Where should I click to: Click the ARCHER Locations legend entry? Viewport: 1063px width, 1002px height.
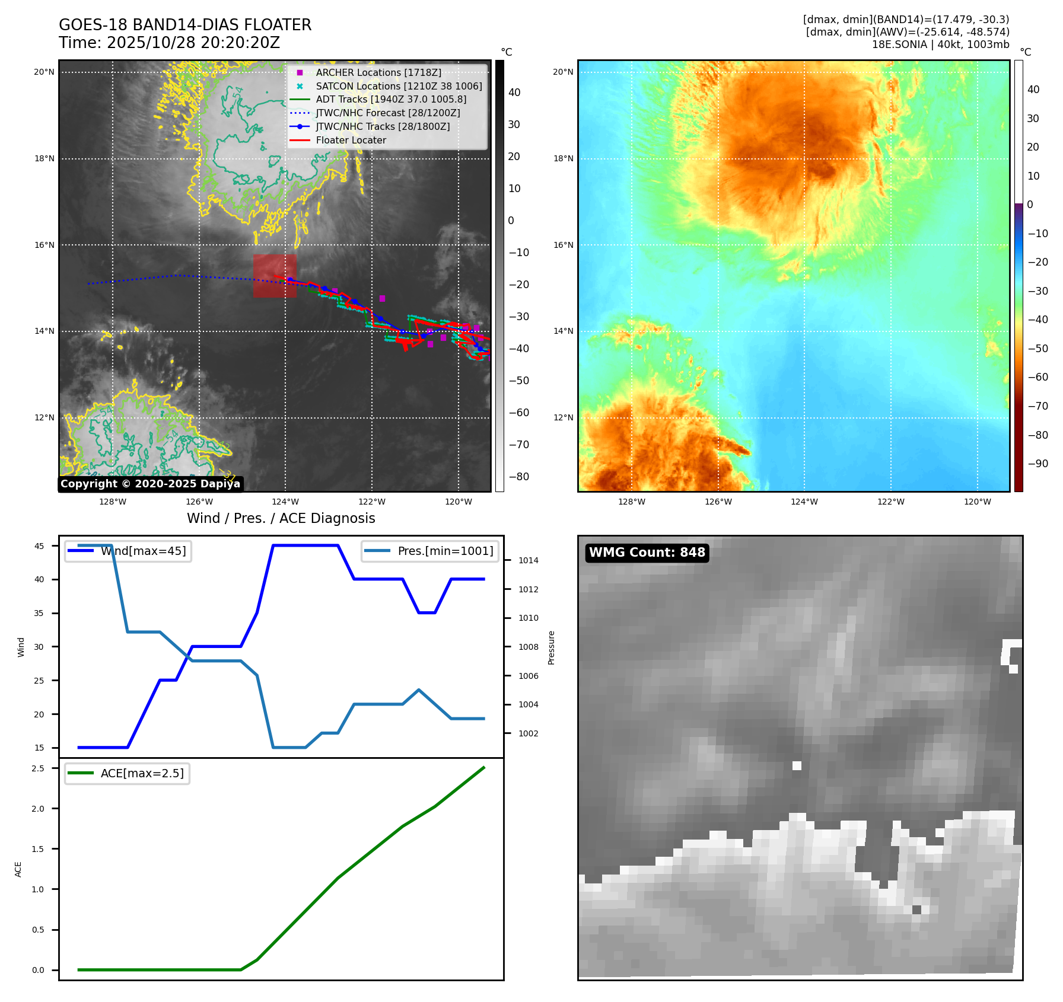click(x=378, y=72)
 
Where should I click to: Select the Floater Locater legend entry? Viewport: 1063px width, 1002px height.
click(x=351, y=141)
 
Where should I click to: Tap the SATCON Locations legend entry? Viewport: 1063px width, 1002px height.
click(x=398, y=86)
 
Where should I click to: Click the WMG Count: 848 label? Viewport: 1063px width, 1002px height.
click(x=647, y=553)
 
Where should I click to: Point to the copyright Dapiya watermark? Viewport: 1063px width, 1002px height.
click(x=150, y=484)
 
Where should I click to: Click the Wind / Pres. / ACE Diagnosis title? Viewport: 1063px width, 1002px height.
click(x=281, y=518)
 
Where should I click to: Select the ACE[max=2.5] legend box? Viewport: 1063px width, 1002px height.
click(x=127, y=773)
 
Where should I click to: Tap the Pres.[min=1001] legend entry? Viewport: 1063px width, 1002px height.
click(x=430, y=551)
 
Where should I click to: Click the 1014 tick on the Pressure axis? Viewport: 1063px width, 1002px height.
click(x=528, y=560)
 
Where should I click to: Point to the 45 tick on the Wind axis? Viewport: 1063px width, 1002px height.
click(x=39, y=546)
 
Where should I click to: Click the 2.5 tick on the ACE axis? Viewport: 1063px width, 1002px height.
click(x=38, y=768)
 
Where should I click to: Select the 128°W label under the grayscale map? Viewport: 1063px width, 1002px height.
click(x=113, y=502)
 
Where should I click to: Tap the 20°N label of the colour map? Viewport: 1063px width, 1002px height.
click(x=563, y=72)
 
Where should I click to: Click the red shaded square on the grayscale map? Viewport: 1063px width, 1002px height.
click(x=275, y=276)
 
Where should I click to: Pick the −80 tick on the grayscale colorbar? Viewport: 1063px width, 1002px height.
click(x=518, y=477)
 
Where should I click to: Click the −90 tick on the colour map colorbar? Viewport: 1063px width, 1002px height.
click(x=1037, y=464)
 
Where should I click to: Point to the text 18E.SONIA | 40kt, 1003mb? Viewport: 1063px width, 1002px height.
click(x=940, y=44)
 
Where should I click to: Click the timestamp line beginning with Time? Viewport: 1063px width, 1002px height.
click(x=169, y=43)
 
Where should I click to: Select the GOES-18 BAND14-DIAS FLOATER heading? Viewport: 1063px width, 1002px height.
click(x=185, y=25)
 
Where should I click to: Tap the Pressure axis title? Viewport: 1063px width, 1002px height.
click(x=551, y=647)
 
